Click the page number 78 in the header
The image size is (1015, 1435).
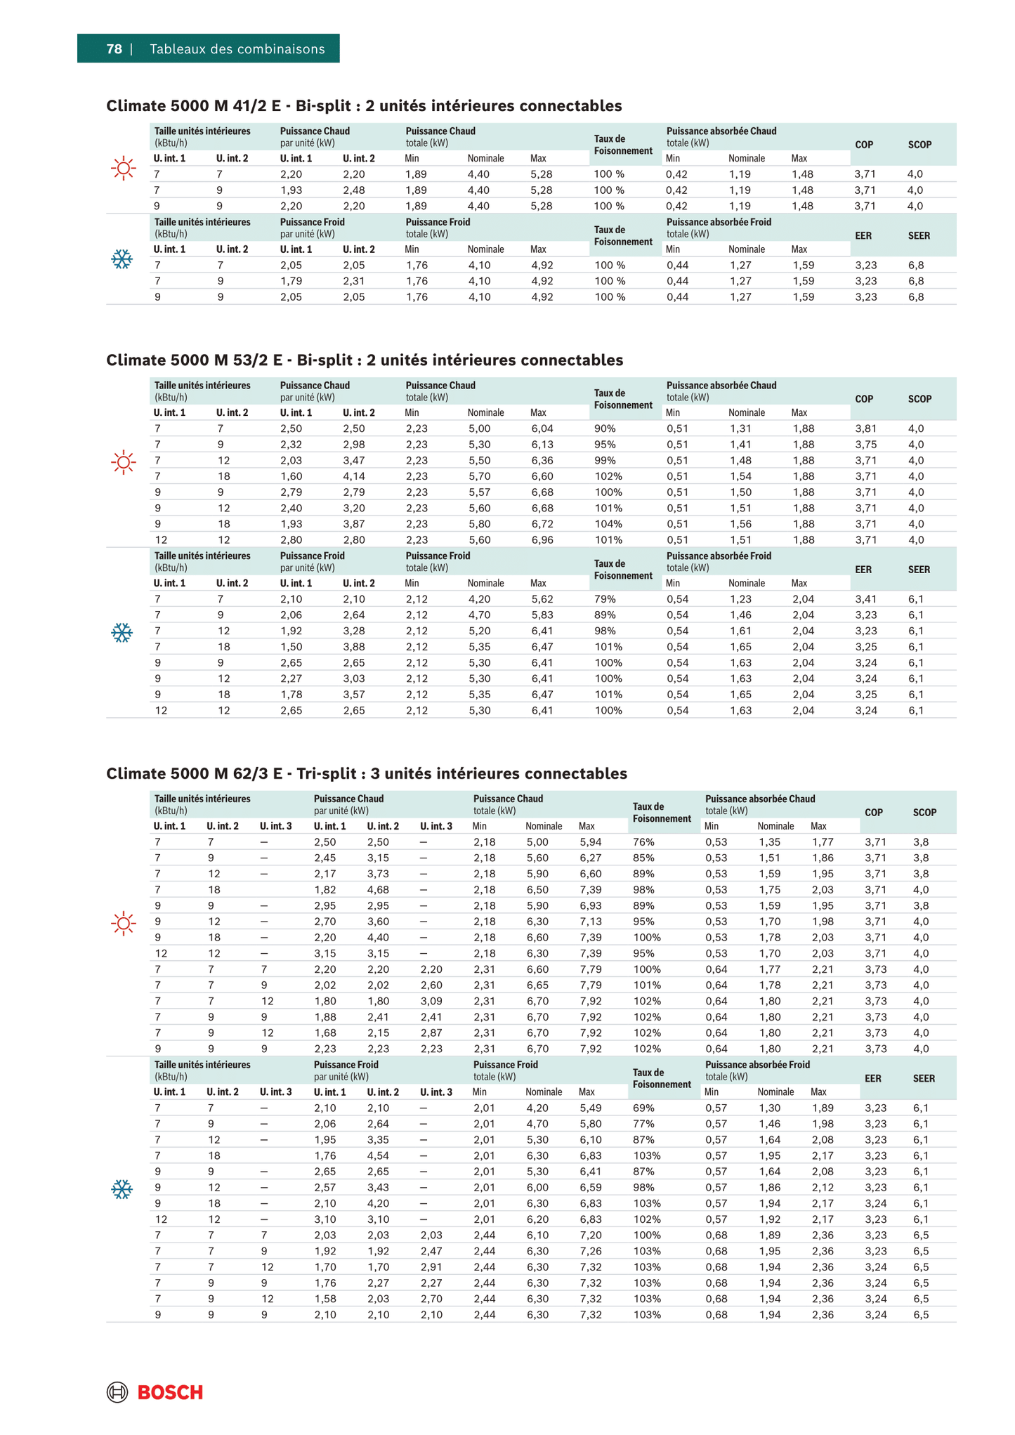point(114,49)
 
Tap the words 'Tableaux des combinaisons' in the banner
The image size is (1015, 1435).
point(237,49)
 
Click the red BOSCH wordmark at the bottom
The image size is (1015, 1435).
point(170,1392)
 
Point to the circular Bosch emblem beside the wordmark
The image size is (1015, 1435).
point(117,1392)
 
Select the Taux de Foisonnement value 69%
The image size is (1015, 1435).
point(643,1108)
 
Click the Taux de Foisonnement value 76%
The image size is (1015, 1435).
point(643,842)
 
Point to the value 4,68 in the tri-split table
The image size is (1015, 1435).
point(378,890)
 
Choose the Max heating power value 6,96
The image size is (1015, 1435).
point(542,540)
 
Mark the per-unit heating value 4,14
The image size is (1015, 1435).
point(354,476)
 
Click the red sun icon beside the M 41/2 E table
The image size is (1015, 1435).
point(124,169)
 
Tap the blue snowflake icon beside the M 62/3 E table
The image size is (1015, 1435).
point(122,1190)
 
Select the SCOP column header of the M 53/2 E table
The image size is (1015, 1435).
point(919,399)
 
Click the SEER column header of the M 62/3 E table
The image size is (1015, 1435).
point(924,1079)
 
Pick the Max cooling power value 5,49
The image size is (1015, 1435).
point(591,1108)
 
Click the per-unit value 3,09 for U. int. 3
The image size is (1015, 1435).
point(431,1002)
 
